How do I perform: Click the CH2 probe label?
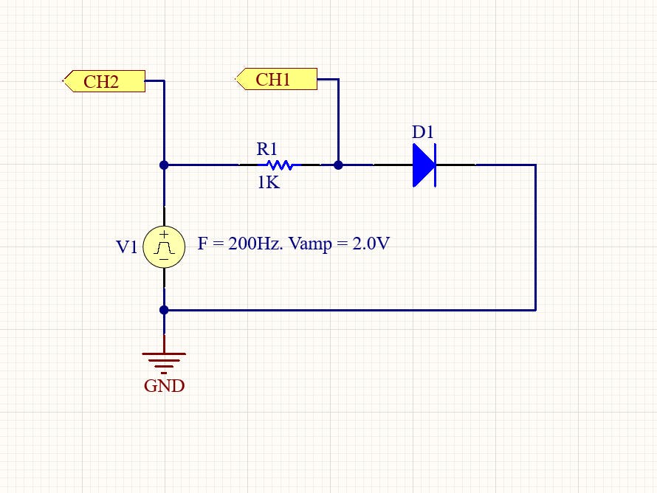point(104,81)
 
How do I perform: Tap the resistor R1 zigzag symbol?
point(280,165)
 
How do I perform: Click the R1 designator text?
point(266,149)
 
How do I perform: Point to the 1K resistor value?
point(268,182)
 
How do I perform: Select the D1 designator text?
point(423,133)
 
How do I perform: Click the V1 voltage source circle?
point(164,246)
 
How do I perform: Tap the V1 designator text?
point(127,247)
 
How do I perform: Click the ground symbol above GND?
point(164,361)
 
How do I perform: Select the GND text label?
point(164,386)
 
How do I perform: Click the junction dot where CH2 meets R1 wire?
point(164,165)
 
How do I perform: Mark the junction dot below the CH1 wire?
point(338,165)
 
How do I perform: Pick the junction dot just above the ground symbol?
point(164,310)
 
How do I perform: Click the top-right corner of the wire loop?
point(534,165)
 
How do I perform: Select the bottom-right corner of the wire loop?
point(534,310)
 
